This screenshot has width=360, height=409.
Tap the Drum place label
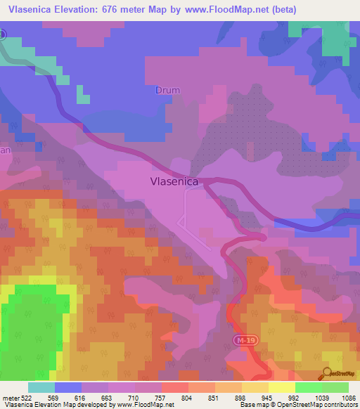pyautogui.click(x=168, y=91)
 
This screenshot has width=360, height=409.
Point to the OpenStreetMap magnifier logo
pyautogui.click(x=326, y=373)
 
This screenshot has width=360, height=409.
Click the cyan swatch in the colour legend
pyautogui.click(x=41, y=387)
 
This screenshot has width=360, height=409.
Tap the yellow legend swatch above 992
pyautogui.click(x=281, y=387)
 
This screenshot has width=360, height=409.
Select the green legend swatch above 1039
pyautogui.click(x=308, y=387)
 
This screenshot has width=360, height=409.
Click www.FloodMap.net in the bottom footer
pyautogui.click(x=139, y=405)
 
